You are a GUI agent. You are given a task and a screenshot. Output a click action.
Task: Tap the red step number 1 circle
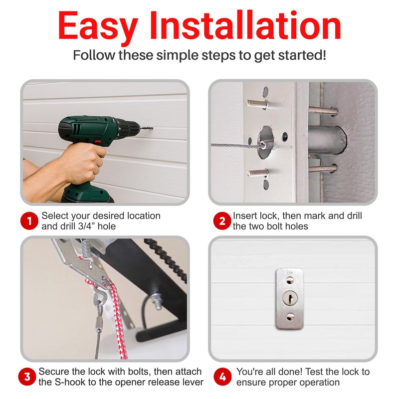[x=29, y=221]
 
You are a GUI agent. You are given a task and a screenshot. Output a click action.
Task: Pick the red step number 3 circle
[x=29, y=377]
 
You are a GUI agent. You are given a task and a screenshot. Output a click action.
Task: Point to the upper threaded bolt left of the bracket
[x=256, y=104]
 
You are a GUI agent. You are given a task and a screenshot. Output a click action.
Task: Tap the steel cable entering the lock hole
[x=234, y=145]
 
